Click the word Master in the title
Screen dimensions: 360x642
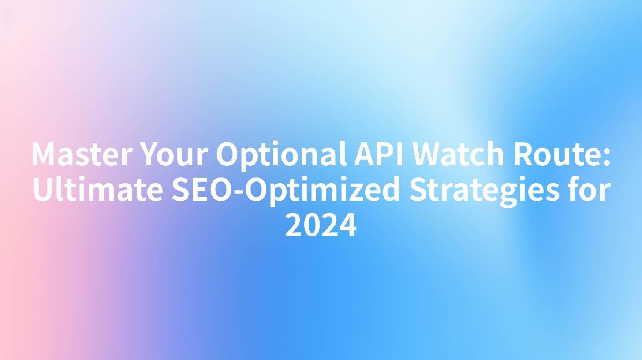(x=82, y=154)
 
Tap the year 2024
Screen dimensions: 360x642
(x=321, y=225)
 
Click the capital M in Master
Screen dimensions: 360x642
(x=43, y=154)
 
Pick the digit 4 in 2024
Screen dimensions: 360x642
(x=347, y=225)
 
